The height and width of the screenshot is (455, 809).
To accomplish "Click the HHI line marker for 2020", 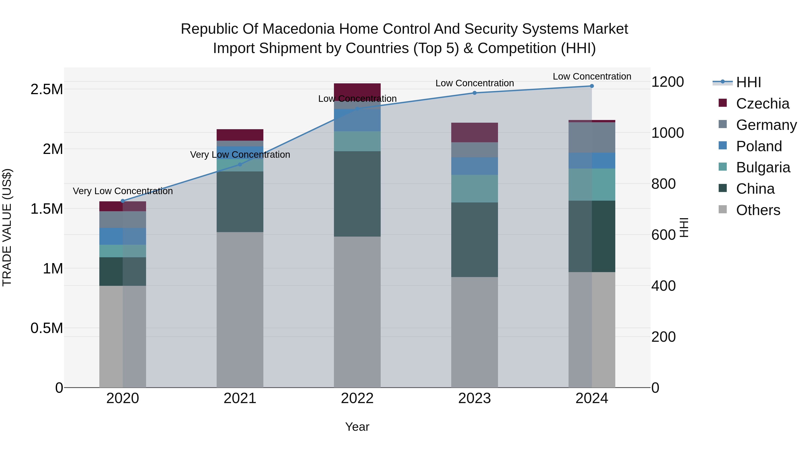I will click(123, 201).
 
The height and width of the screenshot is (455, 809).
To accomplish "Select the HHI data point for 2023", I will click(475, 93).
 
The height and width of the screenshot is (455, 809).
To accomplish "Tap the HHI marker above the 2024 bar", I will click(592, 86).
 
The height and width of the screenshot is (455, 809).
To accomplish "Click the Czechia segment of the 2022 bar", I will click(357, 92).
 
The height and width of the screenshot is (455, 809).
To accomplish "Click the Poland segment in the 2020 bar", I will click(123, 236).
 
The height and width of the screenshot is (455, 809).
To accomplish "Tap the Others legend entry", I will click(758, 210).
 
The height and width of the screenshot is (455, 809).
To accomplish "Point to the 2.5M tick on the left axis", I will click(47, 89).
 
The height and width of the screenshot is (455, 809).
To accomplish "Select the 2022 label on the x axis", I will click(357, 398).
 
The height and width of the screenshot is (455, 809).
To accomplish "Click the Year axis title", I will click(357, 427).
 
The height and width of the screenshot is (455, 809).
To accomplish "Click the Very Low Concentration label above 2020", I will click(123, 191).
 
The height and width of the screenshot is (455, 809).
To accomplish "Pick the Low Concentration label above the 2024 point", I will click(592, 76).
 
